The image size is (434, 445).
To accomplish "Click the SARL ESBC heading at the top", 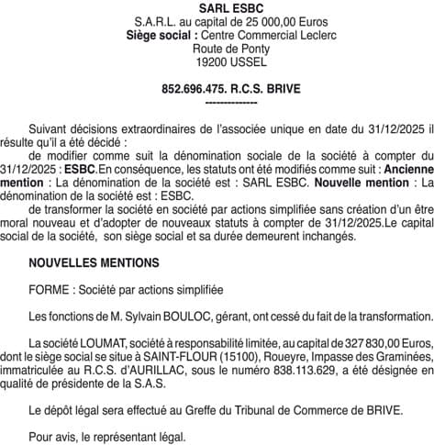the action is point(217,7).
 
